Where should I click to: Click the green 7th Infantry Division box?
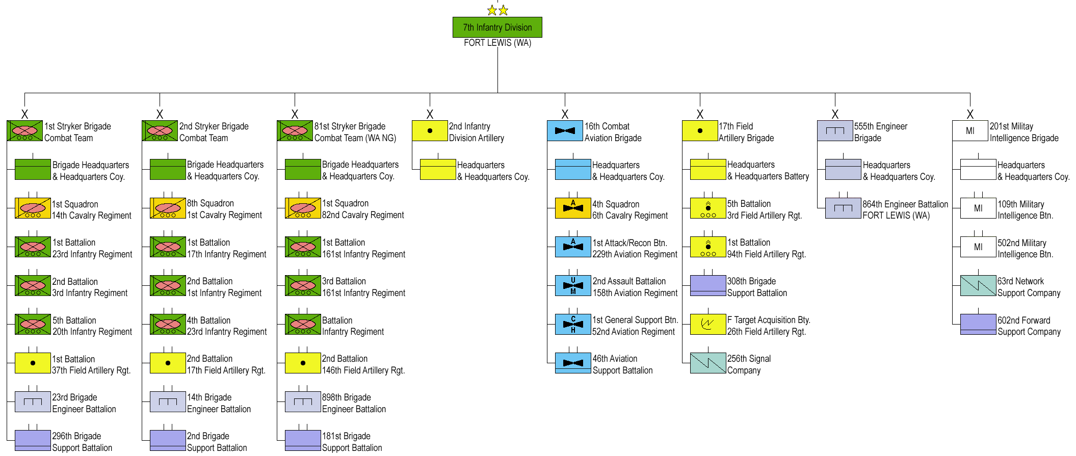[497, 28]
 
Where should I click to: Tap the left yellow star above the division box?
[492, 10]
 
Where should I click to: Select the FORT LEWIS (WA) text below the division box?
[497, 43]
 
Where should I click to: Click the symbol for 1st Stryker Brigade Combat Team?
[24, 131]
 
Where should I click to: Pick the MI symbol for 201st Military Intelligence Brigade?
[970, 131]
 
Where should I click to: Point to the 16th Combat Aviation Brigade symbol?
[565, 131]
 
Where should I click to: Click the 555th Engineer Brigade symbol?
[835, 131]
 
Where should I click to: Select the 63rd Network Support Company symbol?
[978, 286]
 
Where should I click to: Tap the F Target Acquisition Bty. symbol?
[708, 325]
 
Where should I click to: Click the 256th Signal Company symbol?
[708, 363]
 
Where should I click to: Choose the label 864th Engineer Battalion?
[905, 204]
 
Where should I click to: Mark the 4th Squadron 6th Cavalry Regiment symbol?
[573, 208]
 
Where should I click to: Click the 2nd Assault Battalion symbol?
[573, 286]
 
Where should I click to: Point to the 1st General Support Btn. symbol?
[573, 325]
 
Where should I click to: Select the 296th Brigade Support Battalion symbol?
[33, 441]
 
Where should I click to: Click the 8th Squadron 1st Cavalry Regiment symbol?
[168, 208]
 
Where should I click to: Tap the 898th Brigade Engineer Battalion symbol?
[303, 402]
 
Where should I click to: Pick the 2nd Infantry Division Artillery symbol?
[430, 131]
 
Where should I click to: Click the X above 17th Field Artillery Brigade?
[700, 114]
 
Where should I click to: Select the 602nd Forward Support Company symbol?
[978, 325]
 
